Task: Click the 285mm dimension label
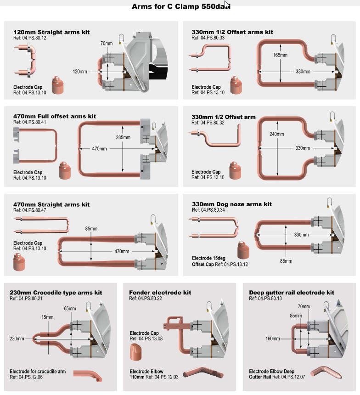coord(123,137)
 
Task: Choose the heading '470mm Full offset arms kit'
coord(55,117)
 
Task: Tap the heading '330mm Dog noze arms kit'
coord(231,204)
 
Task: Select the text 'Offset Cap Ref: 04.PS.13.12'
coord(219,265)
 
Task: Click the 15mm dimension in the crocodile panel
coord(47,317)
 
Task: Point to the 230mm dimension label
coord(17,339)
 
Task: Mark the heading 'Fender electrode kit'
coord(160,293)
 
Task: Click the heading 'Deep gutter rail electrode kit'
coord(292,293)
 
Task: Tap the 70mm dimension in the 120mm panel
coord(107,44)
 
